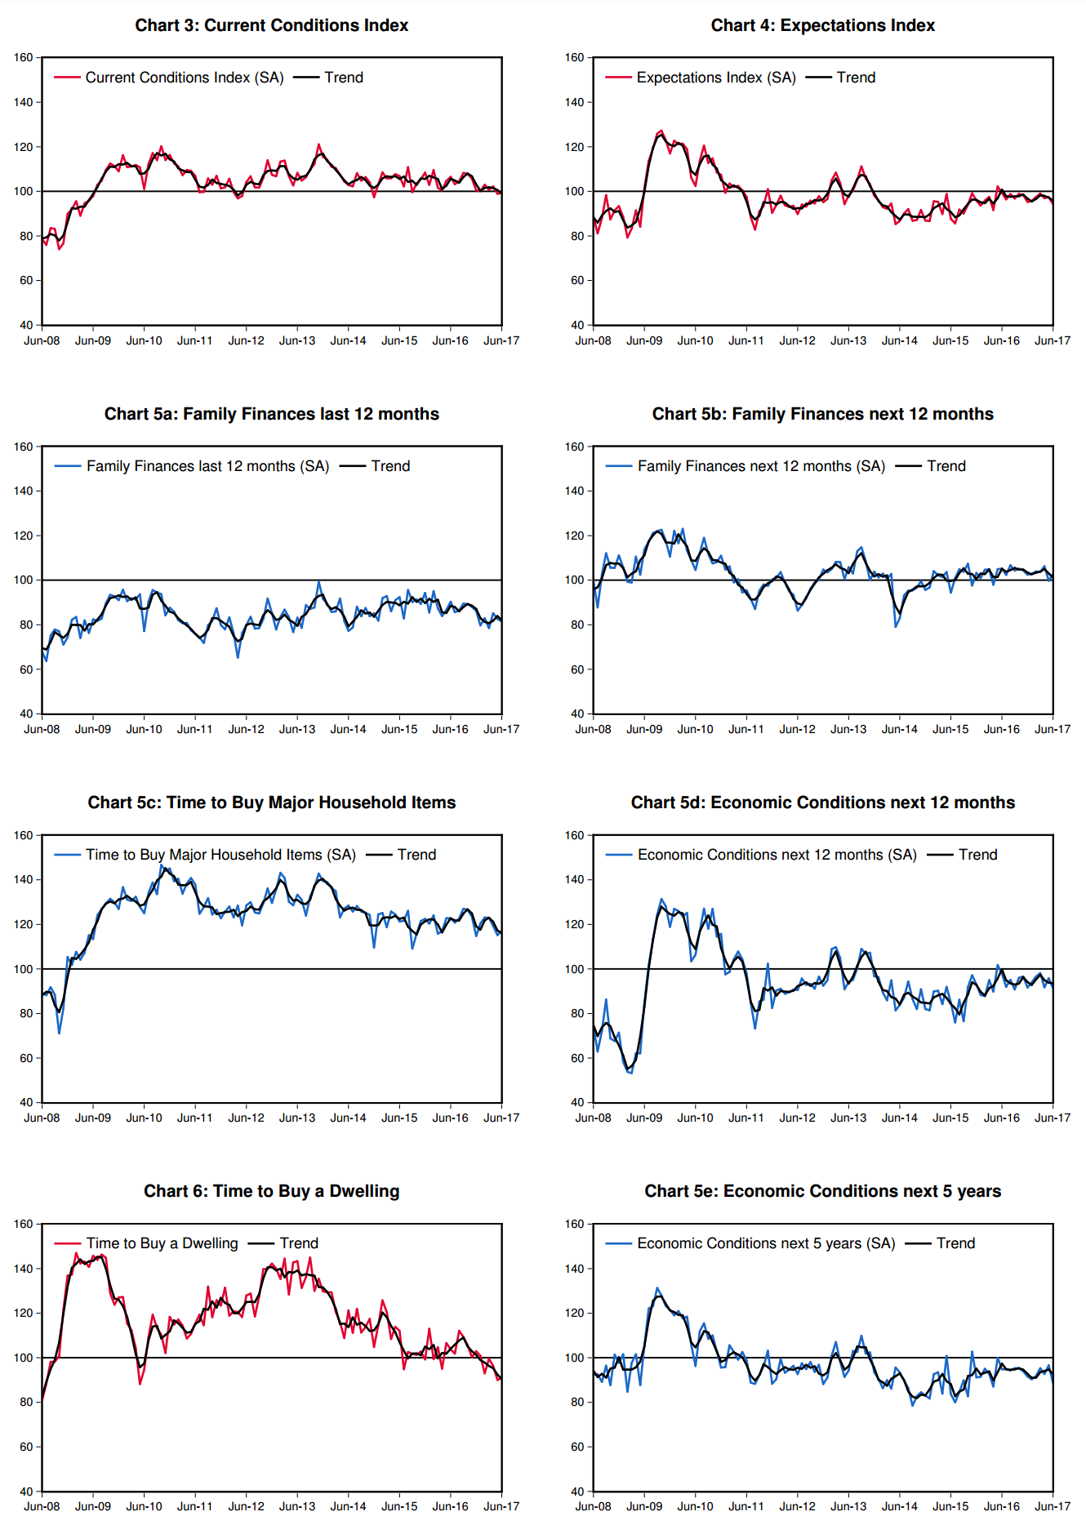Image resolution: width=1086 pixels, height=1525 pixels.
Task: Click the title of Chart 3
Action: click(x=271, y=25)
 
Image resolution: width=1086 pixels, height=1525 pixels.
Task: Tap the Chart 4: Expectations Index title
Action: click(x=822, y=25)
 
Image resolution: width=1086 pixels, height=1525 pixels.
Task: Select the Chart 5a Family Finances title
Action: click(x=271, y=414)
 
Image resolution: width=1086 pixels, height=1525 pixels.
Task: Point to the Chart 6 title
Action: click(x=271, y=1191)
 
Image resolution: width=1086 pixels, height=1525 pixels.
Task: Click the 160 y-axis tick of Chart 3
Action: click(x=23, y=58)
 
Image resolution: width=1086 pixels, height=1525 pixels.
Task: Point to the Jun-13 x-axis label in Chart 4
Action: click(x=848, y=340)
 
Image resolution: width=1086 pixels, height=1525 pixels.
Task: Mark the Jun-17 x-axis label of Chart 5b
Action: click(x=1053, y=729)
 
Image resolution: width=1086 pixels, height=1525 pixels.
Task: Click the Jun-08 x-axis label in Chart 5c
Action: click(x=42, y=1118)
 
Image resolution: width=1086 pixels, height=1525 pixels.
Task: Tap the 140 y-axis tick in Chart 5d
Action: click(x=574, y=880)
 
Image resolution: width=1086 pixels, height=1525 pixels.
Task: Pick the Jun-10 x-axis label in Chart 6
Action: click(x=144, y=1506)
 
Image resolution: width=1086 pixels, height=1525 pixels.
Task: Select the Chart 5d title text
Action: click(x=822, y=803)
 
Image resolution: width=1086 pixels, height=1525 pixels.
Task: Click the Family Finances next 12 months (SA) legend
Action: click(x=760, y=466)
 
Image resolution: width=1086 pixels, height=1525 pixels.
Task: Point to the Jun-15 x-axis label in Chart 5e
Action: click(x=950, y=1506)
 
